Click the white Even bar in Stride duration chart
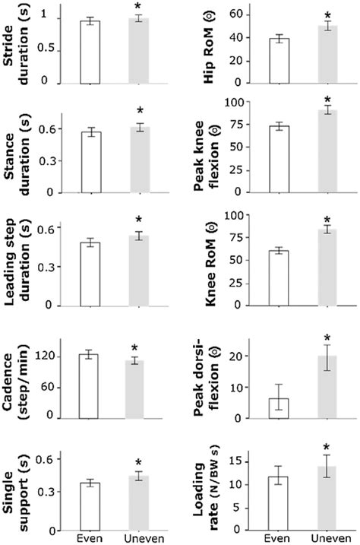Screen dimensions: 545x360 pyautogui.click(x=90, y=52)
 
